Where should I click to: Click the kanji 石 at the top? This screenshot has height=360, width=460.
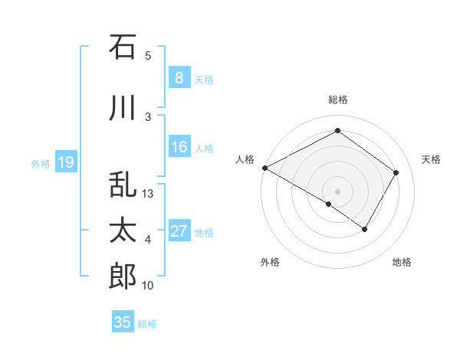[123, 47]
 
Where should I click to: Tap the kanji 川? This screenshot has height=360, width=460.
[123, 108]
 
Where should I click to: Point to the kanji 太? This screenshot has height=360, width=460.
[123, 231]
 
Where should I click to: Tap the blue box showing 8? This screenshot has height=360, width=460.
[179, 78]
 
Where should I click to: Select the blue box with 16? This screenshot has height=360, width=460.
[179, 147]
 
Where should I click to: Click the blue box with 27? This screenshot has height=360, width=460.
[179, 231]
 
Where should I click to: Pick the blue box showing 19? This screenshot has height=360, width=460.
[65, 162]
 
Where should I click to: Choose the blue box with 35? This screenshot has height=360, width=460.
[123, 322]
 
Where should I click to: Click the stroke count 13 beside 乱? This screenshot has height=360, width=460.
[149, 194]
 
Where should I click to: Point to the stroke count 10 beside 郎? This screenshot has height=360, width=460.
[149, 286]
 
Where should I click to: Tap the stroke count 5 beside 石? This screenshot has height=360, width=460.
[148, 56]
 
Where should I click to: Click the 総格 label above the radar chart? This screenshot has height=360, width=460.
[337, 100]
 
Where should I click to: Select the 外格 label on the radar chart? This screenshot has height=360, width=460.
[270, 263]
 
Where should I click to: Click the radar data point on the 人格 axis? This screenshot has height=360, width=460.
[264, 168]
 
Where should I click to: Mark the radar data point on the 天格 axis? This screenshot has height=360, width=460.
[396, 173]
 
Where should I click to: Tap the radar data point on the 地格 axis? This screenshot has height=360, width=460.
[365, 229]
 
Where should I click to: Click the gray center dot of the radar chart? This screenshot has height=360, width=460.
[337, 191]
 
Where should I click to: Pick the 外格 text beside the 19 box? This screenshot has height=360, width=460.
[41, 163]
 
